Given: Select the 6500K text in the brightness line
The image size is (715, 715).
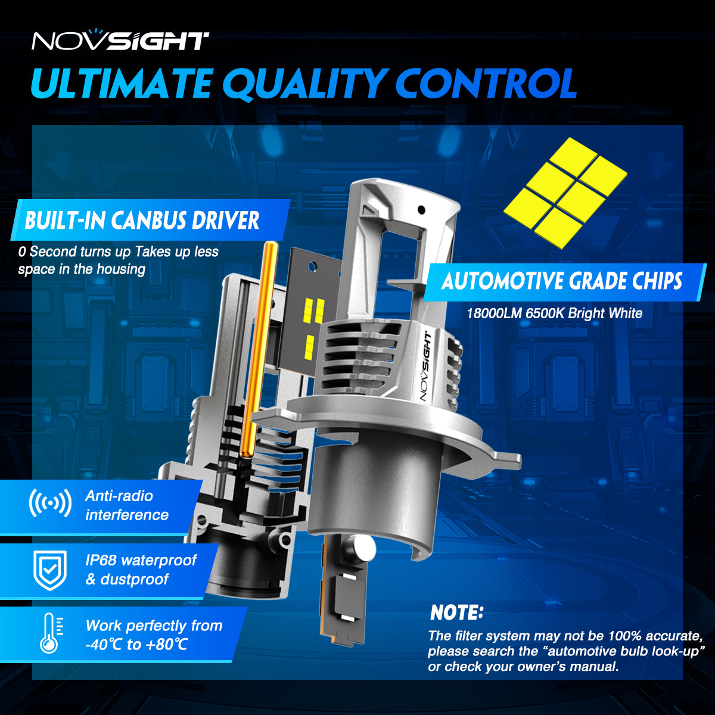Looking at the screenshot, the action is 545,313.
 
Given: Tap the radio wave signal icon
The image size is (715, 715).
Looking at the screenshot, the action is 50,503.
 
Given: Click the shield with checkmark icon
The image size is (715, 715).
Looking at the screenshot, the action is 50,570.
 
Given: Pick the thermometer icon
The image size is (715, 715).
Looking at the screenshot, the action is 51,633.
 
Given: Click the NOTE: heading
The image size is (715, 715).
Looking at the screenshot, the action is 457,613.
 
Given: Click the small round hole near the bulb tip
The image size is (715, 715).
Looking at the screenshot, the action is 421,210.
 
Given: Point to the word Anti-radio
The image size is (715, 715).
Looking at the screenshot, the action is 119,496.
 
